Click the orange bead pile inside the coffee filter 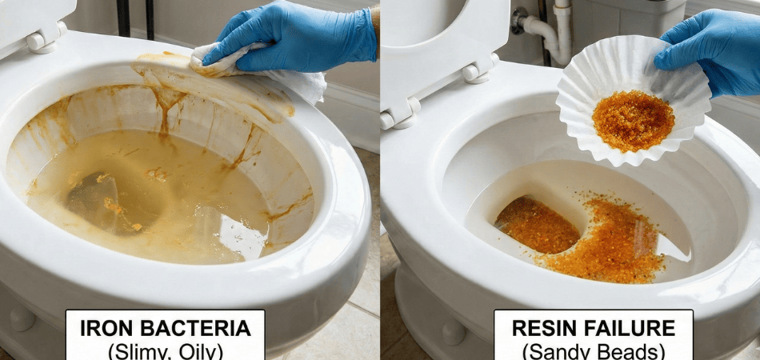(x=633, y=120)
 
